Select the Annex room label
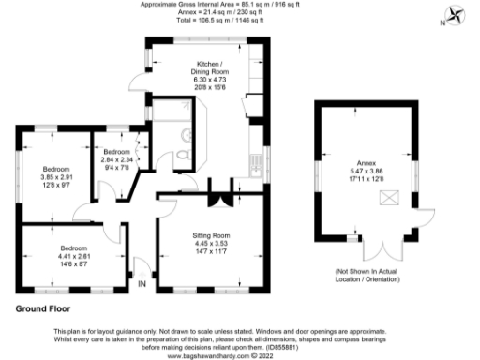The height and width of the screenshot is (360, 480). tap(367, 160)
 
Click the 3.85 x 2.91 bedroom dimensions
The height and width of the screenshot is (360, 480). tap(55, 179)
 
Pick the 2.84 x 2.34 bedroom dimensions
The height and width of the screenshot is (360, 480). tap(117, 160)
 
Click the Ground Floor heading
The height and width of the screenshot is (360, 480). tap(42, 307)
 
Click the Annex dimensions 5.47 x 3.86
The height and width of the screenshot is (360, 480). tap(367, 170)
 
